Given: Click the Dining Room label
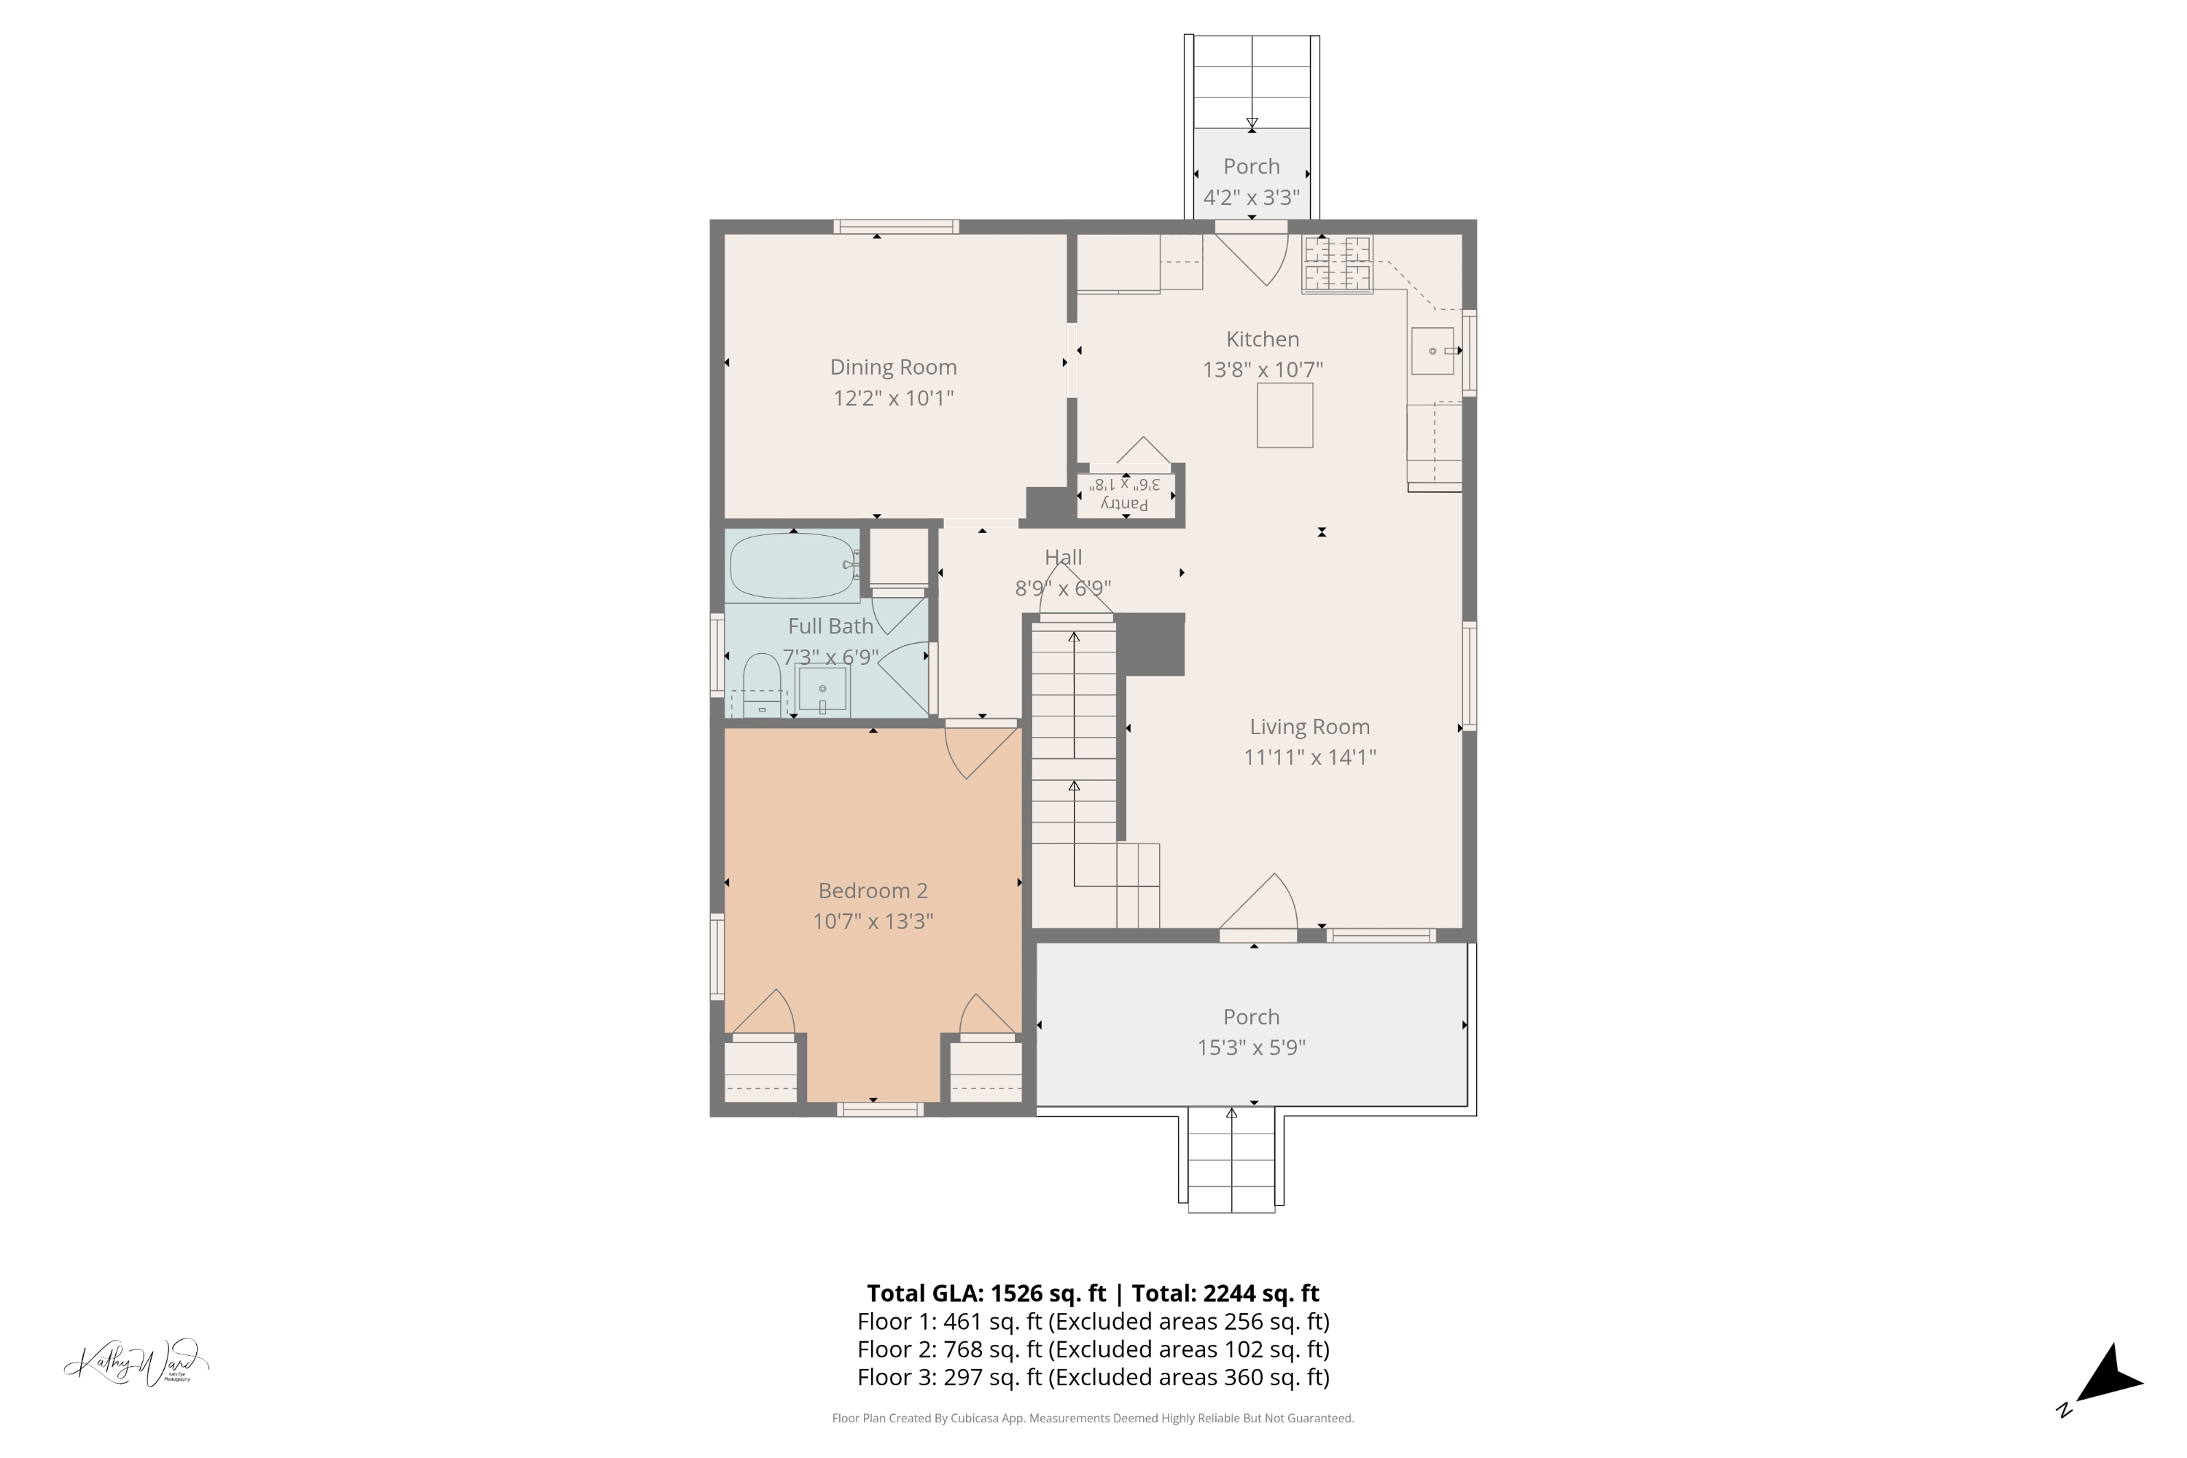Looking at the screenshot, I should point(892,367).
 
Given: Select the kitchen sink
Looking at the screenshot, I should point(1432,351).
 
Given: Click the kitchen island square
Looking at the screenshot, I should point(1284,416).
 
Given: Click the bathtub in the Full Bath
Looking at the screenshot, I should point(792,566).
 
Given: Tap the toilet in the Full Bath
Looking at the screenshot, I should point(762,686).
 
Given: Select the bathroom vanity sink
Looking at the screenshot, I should point(822,690).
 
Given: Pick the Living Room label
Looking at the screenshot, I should point(1309,726).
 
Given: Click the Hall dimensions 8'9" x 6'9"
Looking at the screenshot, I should point(1063,588).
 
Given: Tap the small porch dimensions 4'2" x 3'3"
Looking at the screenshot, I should point(1251,197).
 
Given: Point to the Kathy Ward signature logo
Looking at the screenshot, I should point(137,1363).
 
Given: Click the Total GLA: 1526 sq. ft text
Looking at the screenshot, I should point(986,1293).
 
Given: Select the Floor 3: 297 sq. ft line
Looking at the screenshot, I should point(1093,1377).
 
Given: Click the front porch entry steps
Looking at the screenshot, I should point(1231,1161).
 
